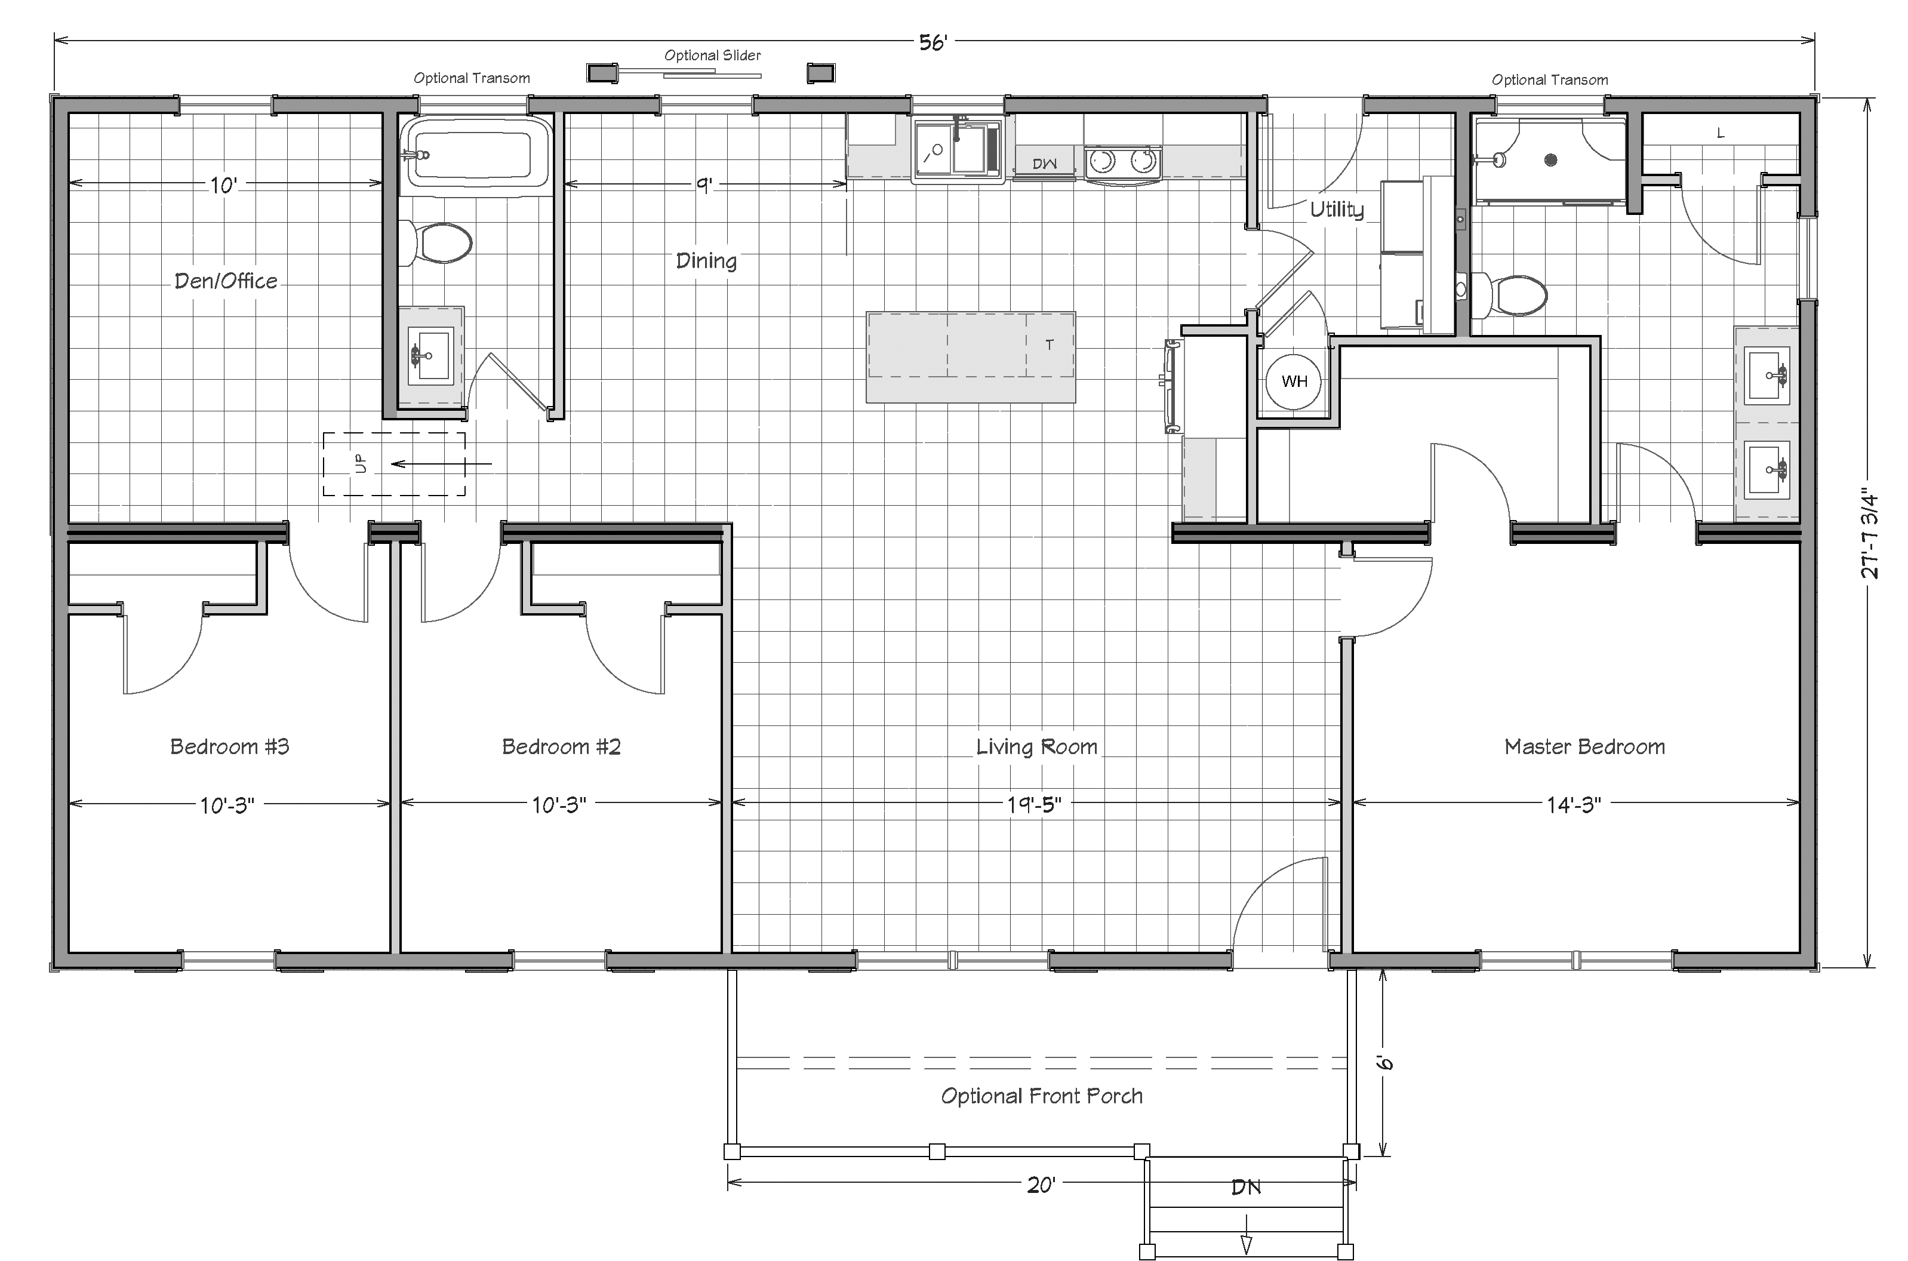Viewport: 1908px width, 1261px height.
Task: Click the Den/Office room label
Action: (x=226, y=281)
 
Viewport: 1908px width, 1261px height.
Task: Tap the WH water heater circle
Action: (x=1294, y=381)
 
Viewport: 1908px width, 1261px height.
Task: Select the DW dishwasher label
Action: (x=1044, y=164)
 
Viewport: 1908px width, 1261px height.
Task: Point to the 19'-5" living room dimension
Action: (x=1034, y=805)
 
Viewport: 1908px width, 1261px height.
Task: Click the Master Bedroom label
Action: (x=1584, y=747)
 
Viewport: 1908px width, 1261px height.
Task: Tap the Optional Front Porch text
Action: (x=1041, y=1096)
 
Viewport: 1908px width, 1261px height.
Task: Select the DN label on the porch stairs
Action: (x=1245, y=1187)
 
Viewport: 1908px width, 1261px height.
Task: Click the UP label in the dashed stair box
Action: (x=359, y=464)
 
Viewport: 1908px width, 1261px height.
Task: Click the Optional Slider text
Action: (x=712, y=56)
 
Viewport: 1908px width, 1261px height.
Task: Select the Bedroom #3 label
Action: (x=229, y=747)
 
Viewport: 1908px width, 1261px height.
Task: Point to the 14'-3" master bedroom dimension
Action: (x=1574, y=805)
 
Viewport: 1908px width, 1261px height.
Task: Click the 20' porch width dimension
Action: (x=1041, y=1185)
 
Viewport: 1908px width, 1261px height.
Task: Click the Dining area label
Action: (x=706, y=260)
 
